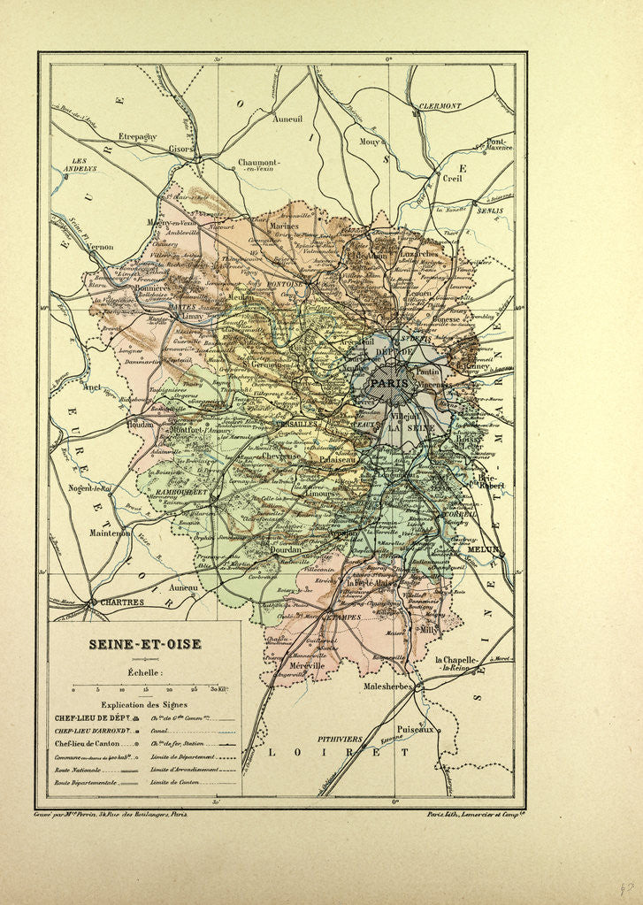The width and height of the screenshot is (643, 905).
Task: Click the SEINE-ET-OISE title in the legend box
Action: (143, 644)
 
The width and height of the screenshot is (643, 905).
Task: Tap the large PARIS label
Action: (390, 383)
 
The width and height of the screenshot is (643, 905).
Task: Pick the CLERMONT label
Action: (440, 105)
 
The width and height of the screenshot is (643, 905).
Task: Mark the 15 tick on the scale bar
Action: (145, 688)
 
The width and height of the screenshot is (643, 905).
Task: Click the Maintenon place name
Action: (110, 533)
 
